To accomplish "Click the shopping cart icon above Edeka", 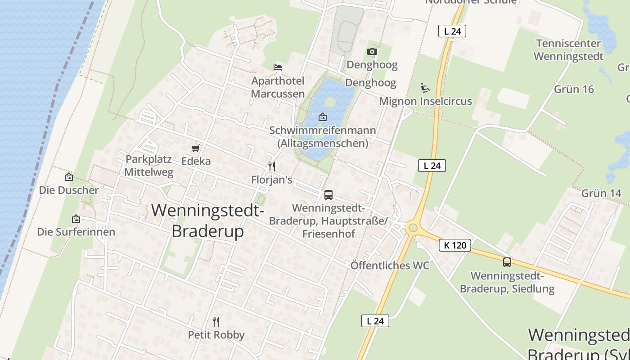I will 195,148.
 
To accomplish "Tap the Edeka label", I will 196,161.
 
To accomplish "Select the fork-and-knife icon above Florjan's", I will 272,166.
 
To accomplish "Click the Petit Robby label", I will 216,335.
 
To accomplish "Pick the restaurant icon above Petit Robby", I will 216,321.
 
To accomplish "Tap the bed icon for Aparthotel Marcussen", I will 278,67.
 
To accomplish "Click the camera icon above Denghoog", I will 372,52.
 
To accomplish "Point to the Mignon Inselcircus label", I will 425,101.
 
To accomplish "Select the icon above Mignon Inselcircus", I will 425,87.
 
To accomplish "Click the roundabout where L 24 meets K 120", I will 412,228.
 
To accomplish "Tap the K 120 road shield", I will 454,245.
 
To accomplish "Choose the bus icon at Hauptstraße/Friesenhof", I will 328,195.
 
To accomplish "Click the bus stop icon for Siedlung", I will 507,262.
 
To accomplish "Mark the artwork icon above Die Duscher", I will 69,177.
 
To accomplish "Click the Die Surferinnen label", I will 76,232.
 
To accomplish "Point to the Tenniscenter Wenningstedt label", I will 568,50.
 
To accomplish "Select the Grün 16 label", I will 574,89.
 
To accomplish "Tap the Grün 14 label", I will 601,193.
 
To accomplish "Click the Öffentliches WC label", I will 390,265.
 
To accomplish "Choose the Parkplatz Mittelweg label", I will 149,166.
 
